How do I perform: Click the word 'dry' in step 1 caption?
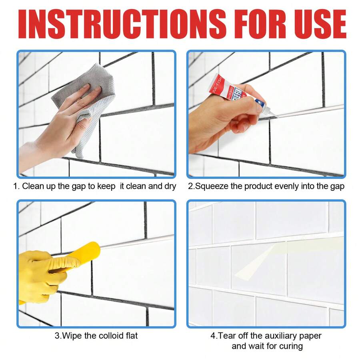click(169, 186)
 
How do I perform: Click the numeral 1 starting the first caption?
click(16, 186)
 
